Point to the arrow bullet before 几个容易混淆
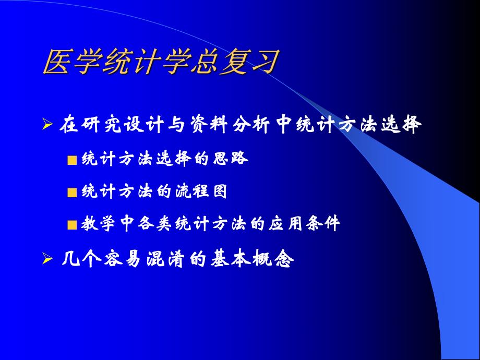tap(47, 259)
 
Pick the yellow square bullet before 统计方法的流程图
tap(73, 193)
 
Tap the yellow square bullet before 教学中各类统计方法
tap(73, 225)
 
